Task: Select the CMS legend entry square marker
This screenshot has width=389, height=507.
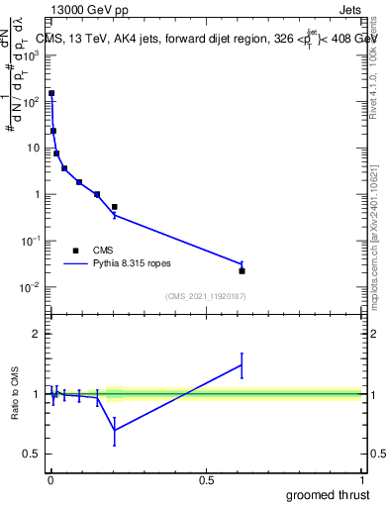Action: coord(75,251)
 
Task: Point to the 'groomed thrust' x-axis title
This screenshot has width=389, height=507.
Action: coord(329,493)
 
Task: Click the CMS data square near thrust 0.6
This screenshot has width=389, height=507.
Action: coord(242,270)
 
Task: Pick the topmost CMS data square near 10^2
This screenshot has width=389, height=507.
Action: coord(51,93)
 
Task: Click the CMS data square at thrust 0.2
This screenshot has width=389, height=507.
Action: coord(115,207)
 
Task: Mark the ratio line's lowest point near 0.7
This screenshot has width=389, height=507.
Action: coord(115,430)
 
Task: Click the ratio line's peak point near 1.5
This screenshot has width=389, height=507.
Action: coord(242,365)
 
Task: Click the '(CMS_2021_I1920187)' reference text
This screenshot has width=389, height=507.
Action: coord(206,295)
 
